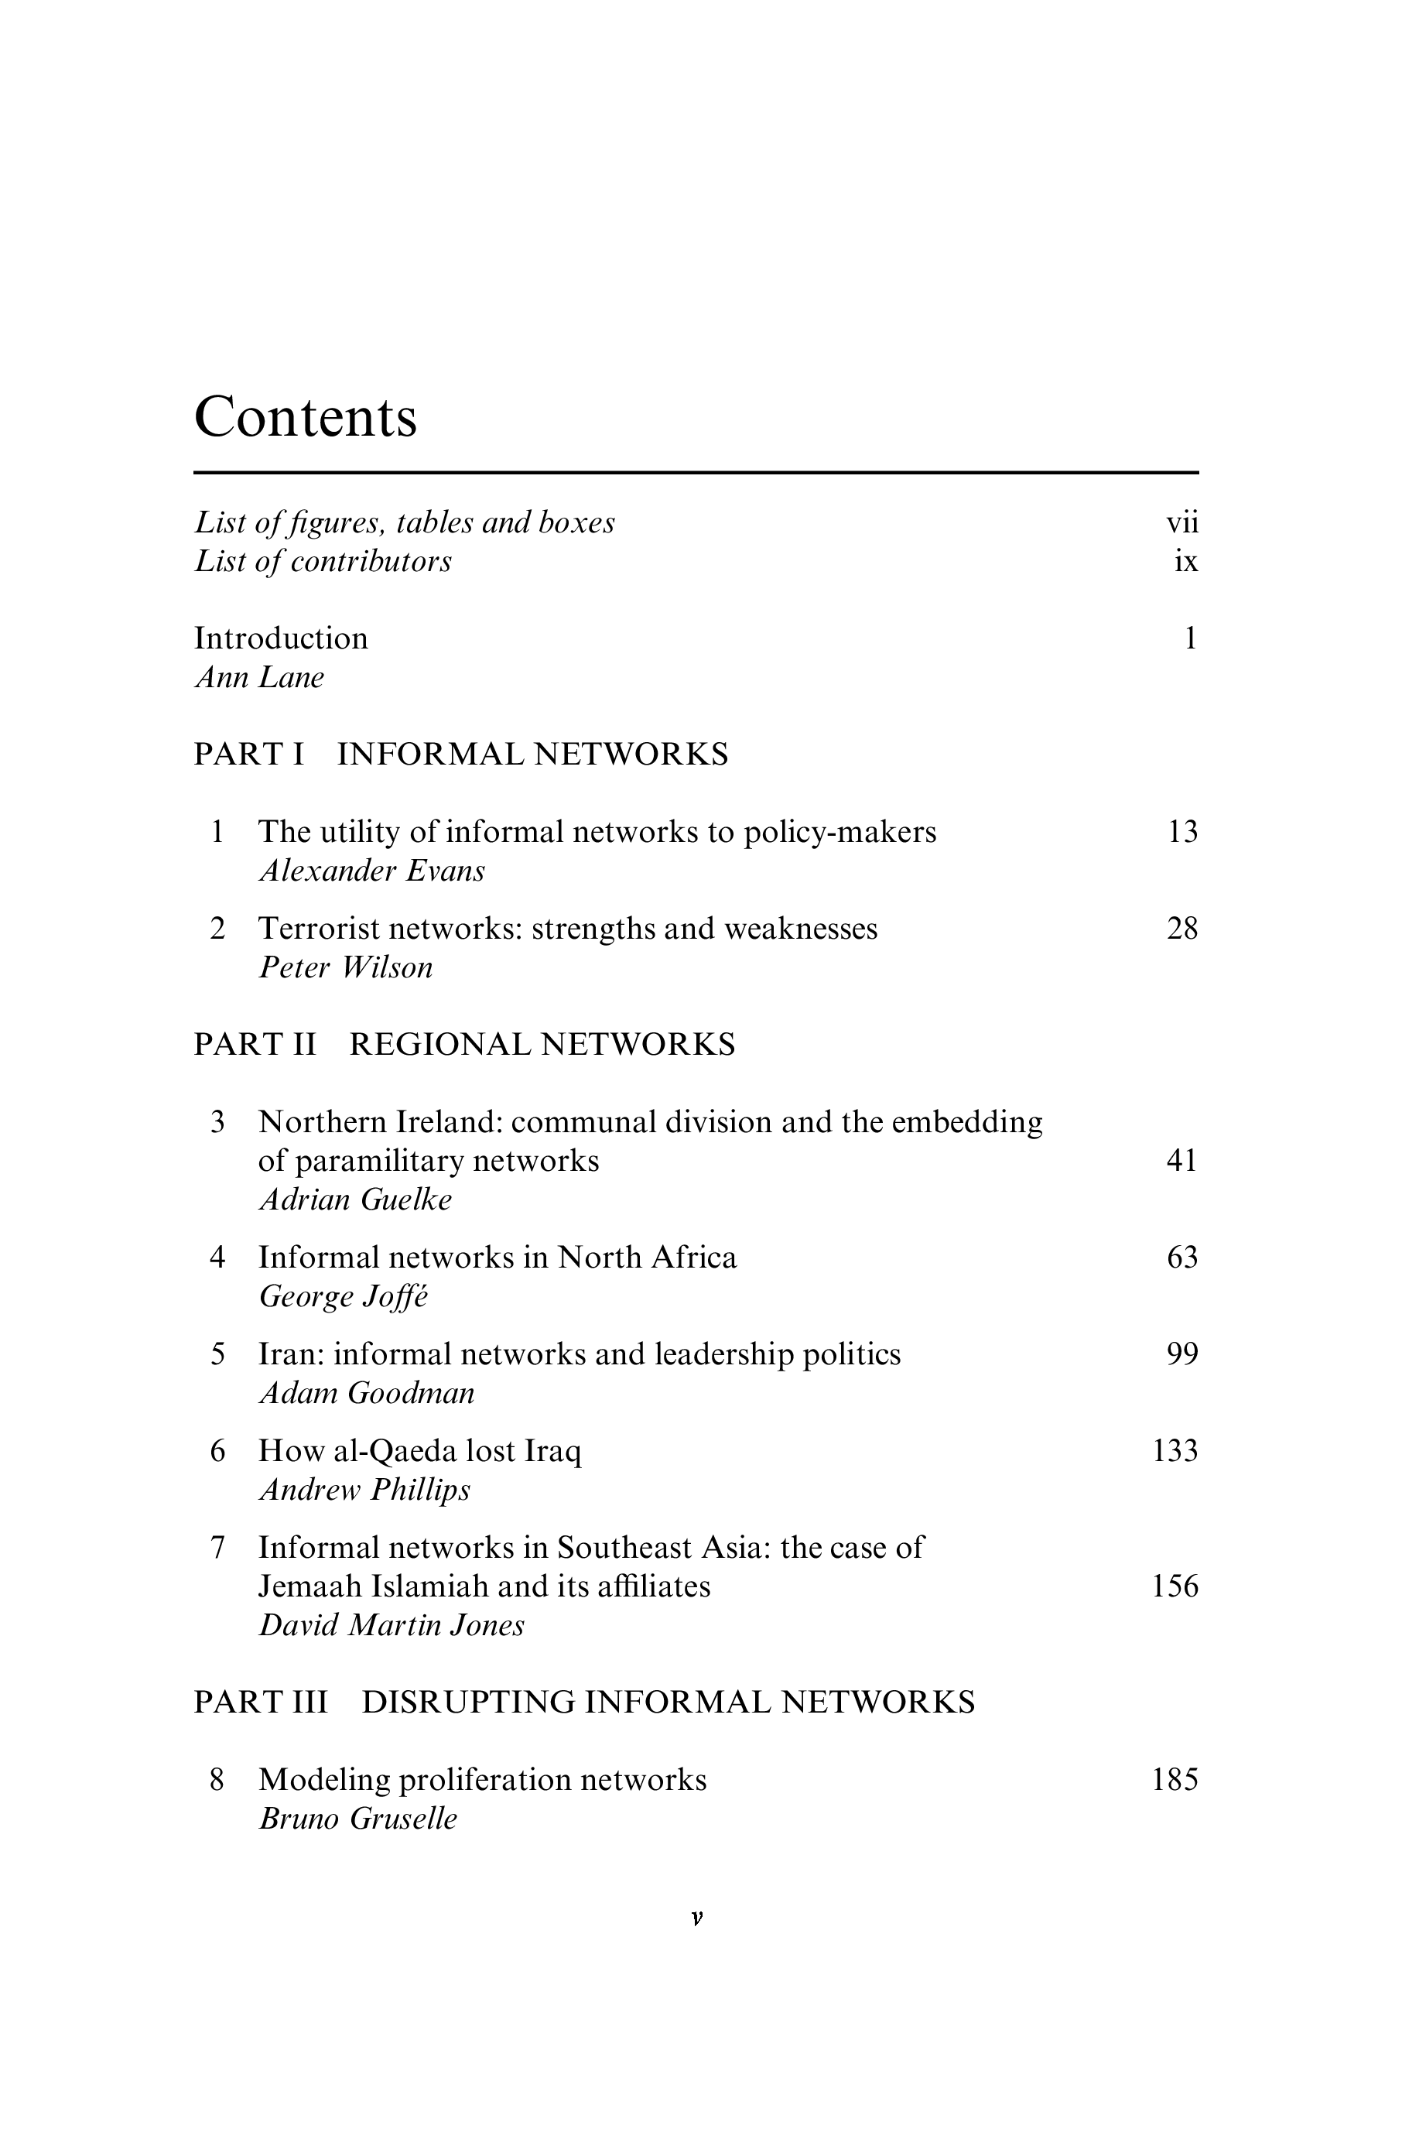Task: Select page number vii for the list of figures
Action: click(x=1182, y=523)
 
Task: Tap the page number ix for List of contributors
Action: click(x=1186, y=562)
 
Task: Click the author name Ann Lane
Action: click(x=260, y=678)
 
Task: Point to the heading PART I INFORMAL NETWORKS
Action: click(x=461, y=755)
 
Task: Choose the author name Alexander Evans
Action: click(x=372, y=871)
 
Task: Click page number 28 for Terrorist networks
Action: click(x=1182, y=929)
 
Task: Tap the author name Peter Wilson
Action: click(x=346, y=967)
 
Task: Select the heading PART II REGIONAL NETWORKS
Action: click(x=465, y=1045)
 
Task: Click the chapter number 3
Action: click(x=217, y=1122)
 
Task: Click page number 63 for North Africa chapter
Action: click(x=1182, y=1258)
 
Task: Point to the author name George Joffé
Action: click(x=343, y=1297)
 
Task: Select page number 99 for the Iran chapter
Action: click(x=1182, y=1354)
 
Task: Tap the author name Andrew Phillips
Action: click(x=364, y=1490)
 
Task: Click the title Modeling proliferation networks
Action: click(x=483, y=1780)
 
